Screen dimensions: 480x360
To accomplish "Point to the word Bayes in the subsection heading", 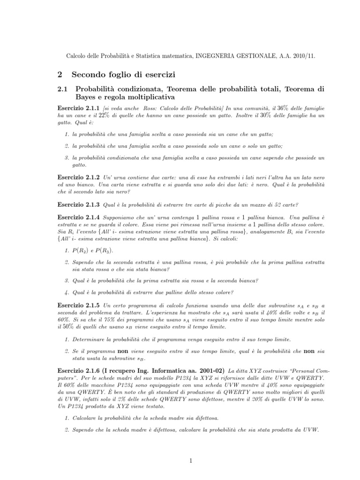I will point(88,97).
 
